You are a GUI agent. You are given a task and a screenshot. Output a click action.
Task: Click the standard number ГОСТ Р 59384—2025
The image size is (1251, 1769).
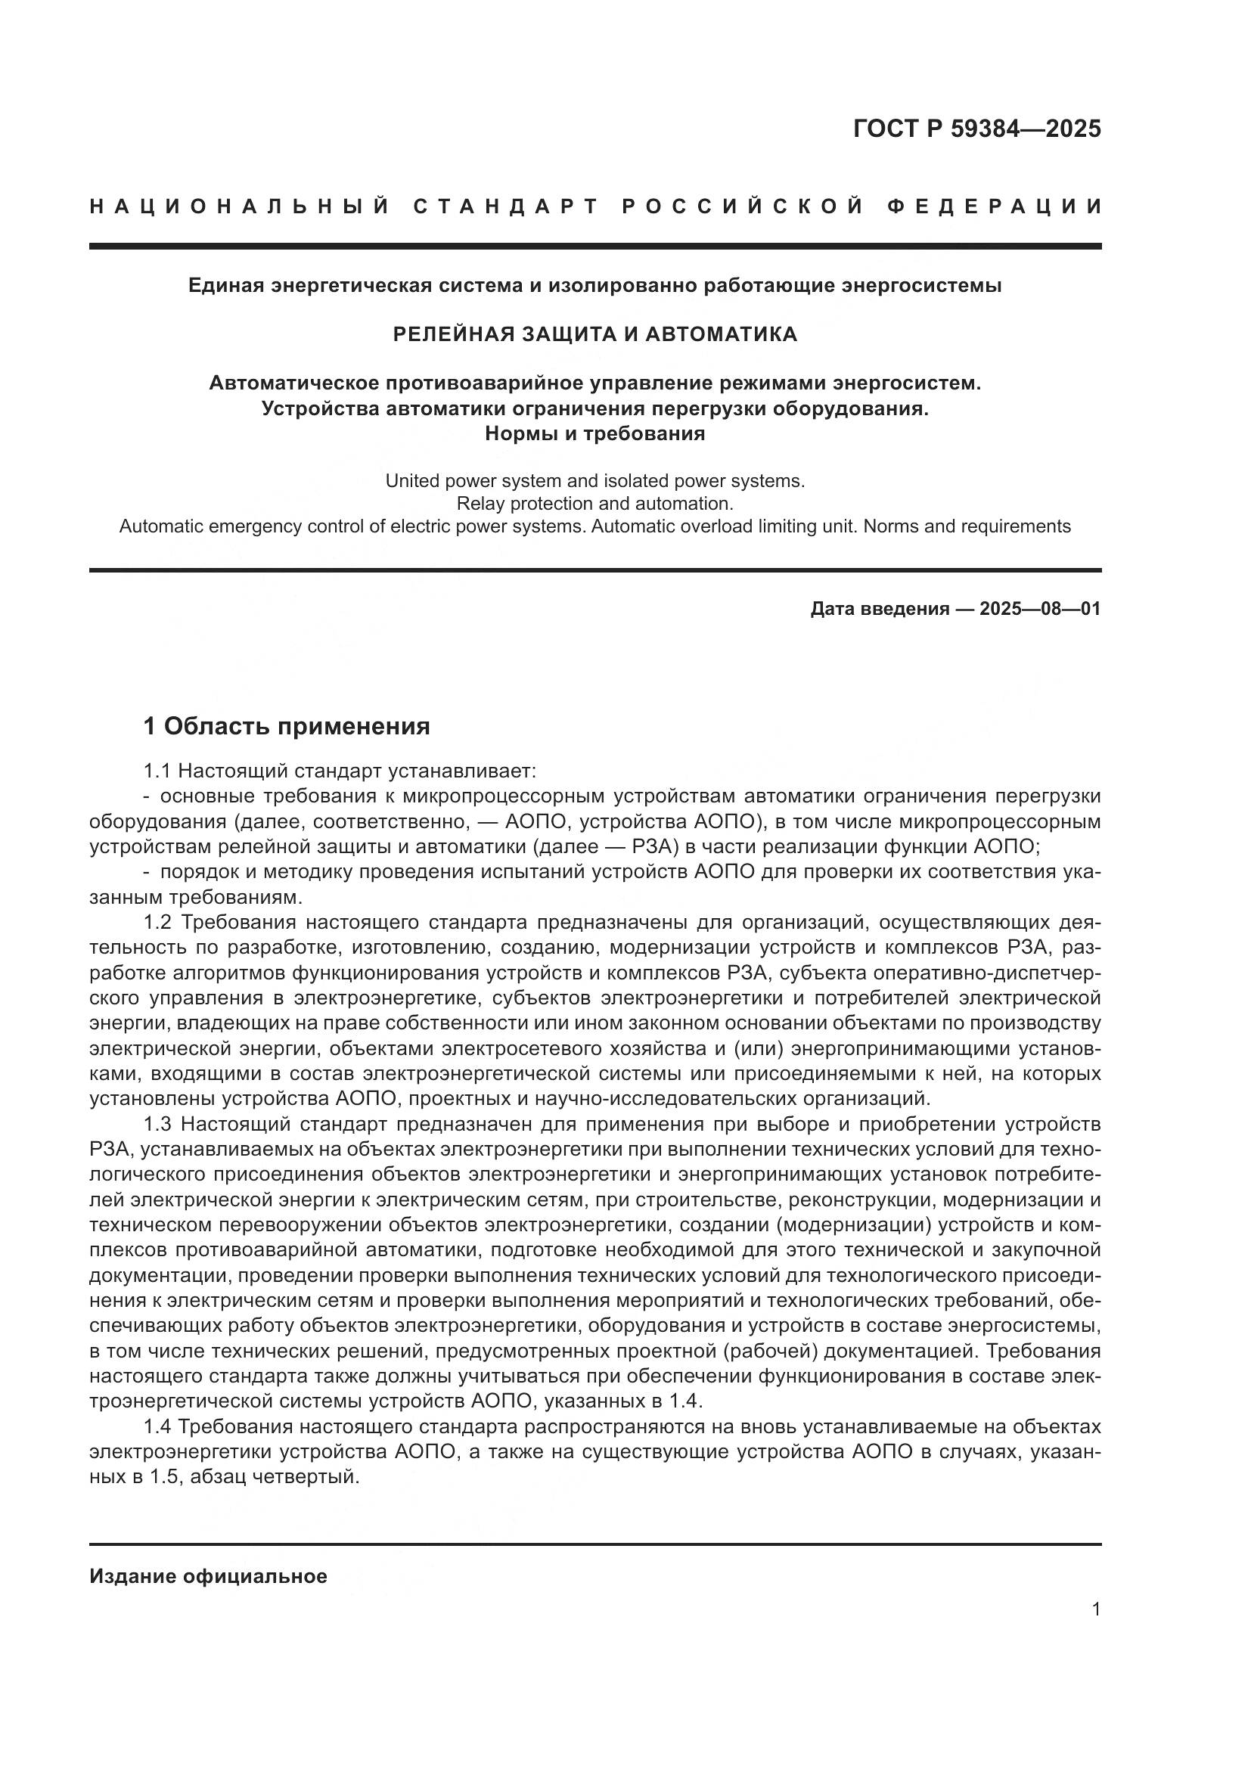pos(976,129)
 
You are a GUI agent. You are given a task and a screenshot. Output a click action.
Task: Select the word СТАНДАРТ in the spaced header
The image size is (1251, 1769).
pos(506,206)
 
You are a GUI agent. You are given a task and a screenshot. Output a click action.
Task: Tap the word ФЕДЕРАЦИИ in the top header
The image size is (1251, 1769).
pos(995,206)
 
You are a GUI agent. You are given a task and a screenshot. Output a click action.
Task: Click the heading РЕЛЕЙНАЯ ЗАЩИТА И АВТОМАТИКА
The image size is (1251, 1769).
pos(594,334)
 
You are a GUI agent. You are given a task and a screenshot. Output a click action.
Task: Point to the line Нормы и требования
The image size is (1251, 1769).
pos(594,434)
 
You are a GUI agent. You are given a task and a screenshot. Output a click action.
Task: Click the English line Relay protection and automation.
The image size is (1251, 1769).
pos(594,504)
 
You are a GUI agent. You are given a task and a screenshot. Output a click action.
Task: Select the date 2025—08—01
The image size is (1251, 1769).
pos(1040,609)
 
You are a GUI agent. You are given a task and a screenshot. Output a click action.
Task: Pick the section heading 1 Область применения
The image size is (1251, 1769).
pos(287,726)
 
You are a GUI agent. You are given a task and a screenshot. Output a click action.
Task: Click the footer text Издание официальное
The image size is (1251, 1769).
pos(208,1576)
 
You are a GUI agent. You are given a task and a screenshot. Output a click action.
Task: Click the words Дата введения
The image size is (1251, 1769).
pos(880,609)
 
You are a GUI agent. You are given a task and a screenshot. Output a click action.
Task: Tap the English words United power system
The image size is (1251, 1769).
pos(458,482)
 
